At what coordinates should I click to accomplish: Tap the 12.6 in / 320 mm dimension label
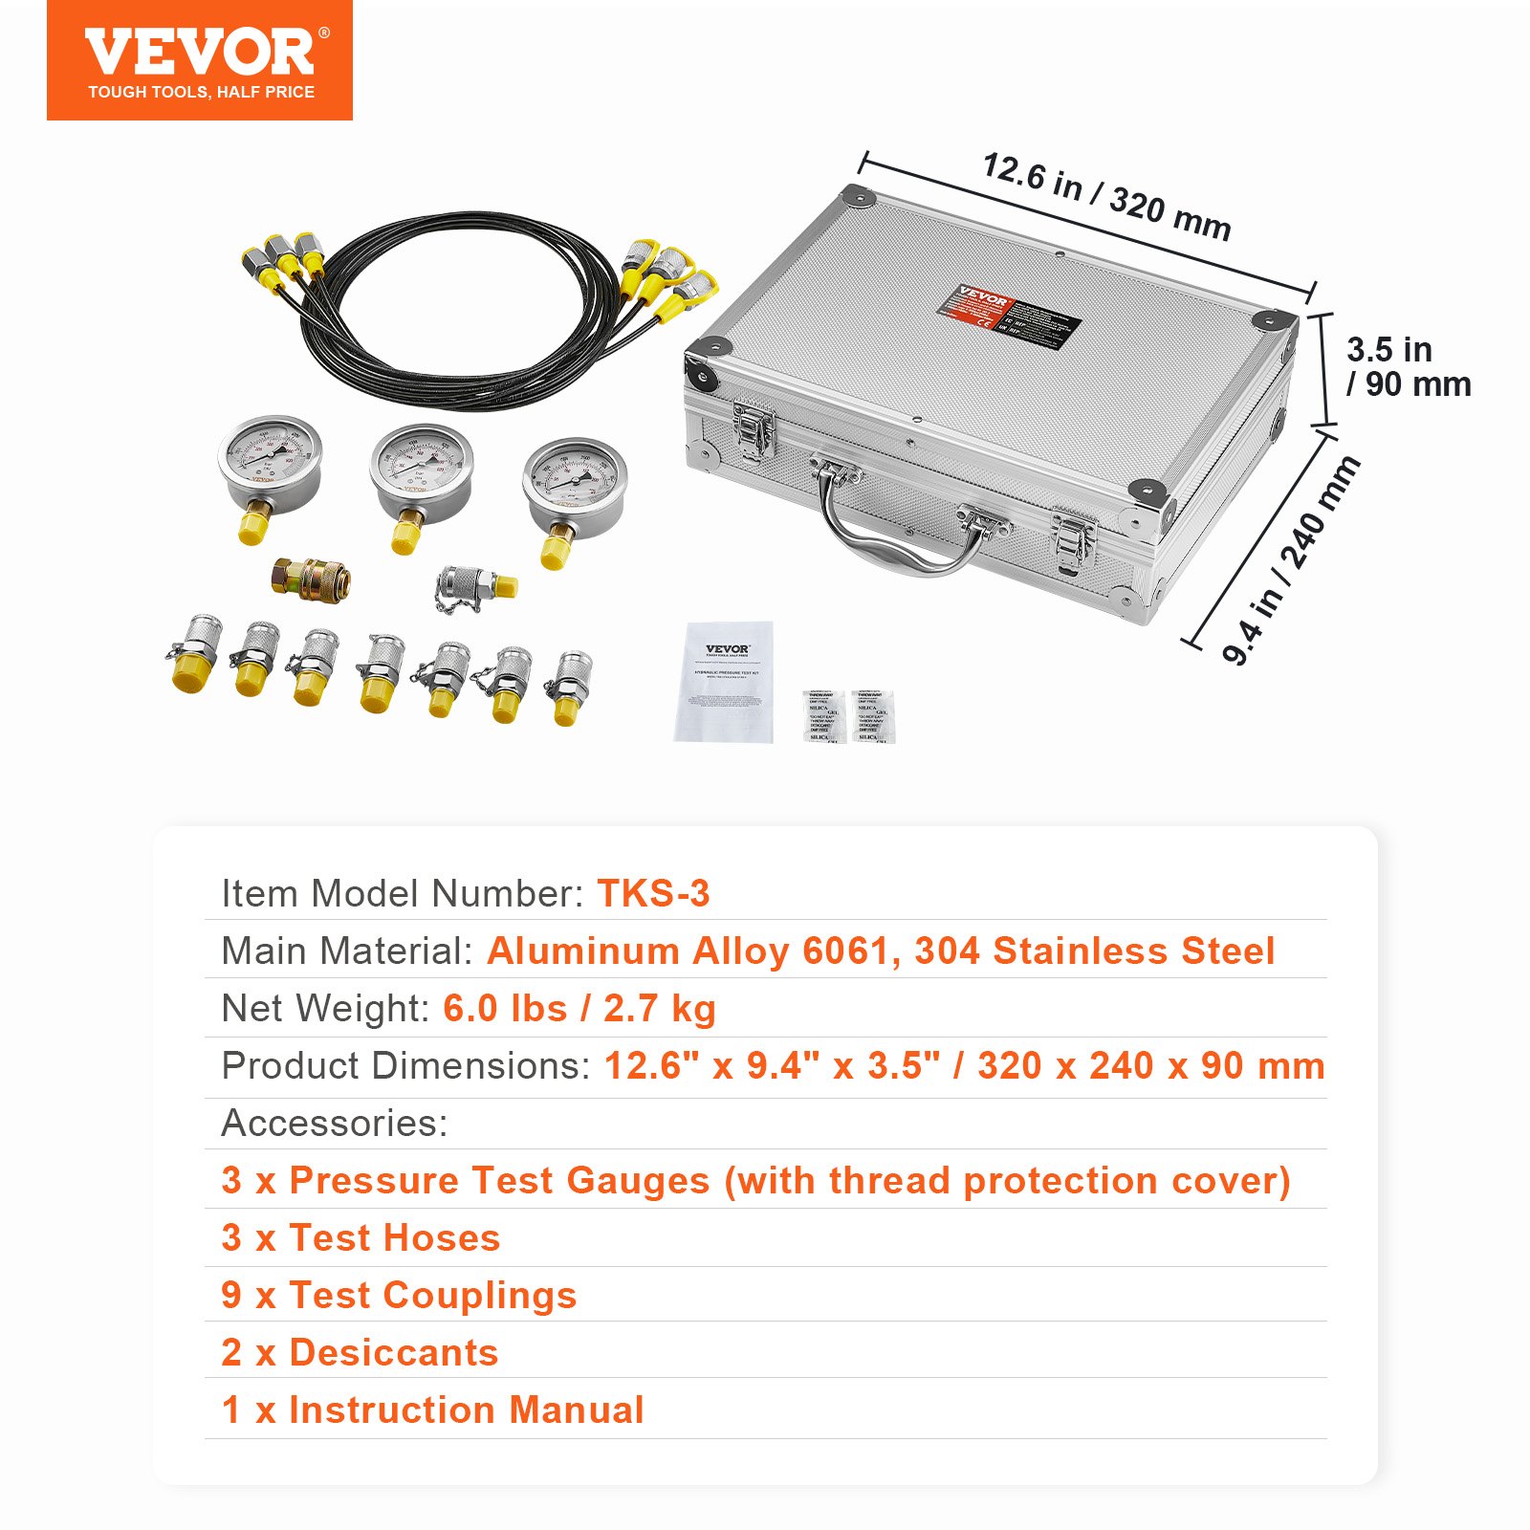[1106, 196]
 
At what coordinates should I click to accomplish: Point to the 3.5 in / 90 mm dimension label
[1407, 366]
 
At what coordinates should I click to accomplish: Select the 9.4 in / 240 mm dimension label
[1291, 560]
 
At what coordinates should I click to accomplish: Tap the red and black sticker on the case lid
[1009, 315]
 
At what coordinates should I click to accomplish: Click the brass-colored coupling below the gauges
[311, 578]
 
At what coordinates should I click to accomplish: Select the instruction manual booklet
[724, 682]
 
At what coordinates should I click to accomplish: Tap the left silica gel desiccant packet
[821, 715]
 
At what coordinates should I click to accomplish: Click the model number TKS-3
[653, 893]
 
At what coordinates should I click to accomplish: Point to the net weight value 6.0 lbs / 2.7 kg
[579, 1008]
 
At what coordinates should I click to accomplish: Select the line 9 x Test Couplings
[399, 1295]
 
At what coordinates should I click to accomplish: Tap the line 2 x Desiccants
[360, 1352]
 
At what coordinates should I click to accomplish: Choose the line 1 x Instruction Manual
[432, 1410]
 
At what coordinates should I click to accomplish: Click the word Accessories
[334, 1123]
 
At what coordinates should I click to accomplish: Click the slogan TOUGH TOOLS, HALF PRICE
[201, 92]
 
